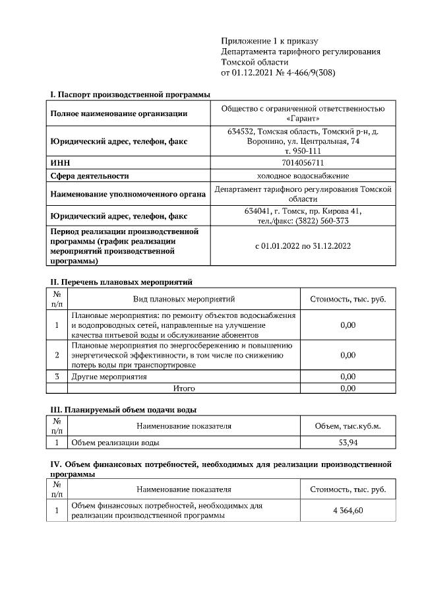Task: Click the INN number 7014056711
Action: (x=303, y=162)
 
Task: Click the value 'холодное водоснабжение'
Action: (x=303, y=175)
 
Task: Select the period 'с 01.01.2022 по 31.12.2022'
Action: (x=303, y=246)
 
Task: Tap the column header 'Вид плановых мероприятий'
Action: (x=184, y=299)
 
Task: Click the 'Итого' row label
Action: (x=184, y=389)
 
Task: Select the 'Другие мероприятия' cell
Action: (x=109, y=377)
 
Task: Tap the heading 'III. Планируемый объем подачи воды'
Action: (x=123, y=410)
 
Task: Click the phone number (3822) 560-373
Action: (x=321, y=221)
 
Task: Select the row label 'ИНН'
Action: (x=61, y=162)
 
